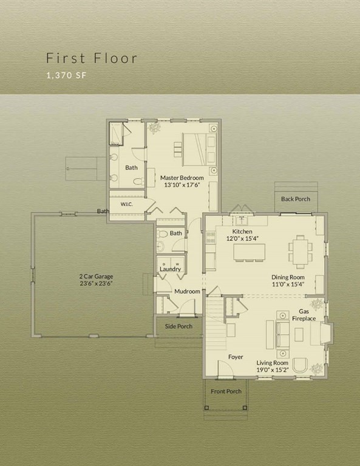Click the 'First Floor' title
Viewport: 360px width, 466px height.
click(92, 58)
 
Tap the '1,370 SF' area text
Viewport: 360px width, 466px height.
click(66, 76)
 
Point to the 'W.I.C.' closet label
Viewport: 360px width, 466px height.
click(126, 204)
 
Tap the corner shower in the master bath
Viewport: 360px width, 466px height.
click(118, 133)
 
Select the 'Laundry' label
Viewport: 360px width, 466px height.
click(171, 269)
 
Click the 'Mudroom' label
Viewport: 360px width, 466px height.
click(187, 291)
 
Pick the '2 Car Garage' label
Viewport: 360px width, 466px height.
click(92, 279)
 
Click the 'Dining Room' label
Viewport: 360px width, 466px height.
click(288, 280)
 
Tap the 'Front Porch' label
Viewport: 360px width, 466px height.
click(226, 391)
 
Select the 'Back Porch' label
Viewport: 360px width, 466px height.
click(295, 199)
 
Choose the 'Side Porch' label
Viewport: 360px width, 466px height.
click(179, 326)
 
